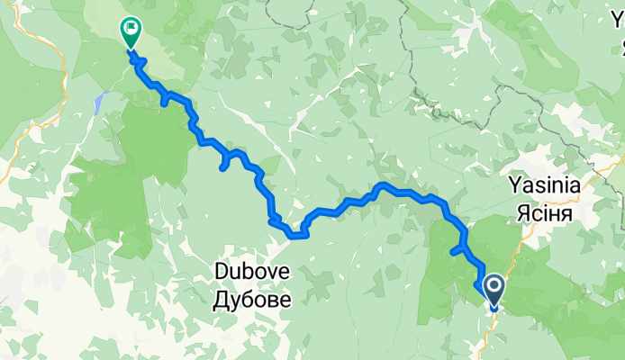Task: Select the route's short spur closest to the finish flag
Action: pyautogui.click(x=163, y=102)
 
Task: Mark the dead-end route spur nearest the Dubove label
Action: pyautogui.click(x=222, y=166)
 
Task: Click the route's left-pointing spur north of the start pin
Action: pyautogui.click(x=453, y=254)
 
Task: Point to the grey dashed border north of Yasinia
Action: pyautogui.click(x=513, y=99)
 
